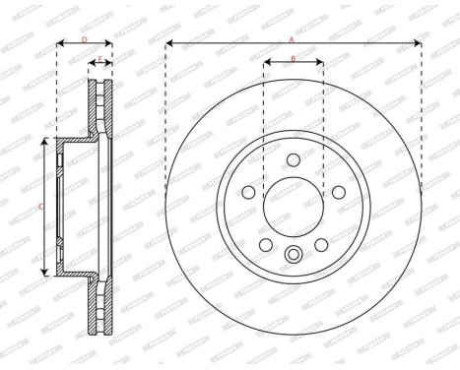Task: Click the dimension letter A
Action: (292, 38)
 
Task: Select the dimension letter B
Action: (293, 60)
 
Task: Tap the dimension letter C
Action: (38, 207)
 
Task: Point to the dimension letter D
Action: (84, 38)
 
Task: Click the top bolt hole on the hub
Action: (293, 159)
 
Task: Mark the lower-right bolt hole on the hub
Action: (320, 244)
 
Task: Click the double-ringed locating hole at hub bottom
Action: (293, 256)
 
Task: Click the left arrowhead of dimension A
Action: (169, 43)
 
